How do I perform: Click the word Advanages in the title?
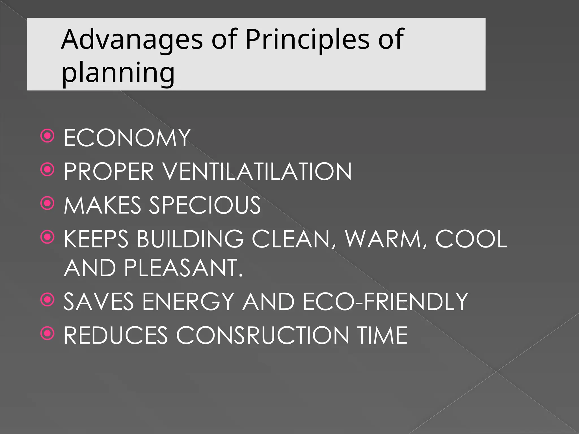132,40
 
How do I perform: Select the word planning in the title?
118,73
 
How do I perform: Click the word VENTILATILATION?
257,171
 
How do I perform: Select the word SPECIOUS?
205,205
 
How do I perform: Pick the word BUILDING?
190,239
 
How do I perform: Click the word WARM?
383,239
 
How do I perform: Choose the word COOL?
471,239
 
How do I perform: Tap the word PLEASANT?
183,268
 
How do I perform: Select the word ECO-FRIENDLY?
385,301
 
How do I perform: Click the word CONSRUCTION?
263,335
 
